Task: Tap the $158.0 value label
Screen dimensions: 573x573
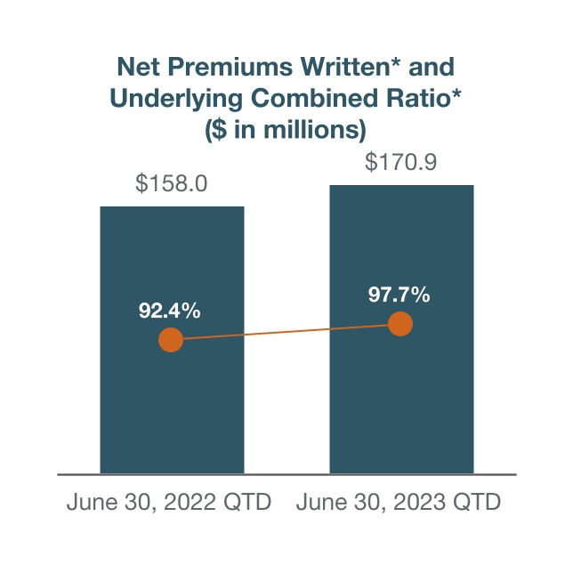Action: [172, 184]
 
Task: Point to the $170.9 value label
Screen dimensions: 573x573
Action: [401, 164]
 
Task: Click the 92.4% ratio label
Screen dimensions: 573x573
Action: [169, 311]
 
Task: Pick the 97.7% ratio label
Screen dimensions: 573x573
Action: [399, 295]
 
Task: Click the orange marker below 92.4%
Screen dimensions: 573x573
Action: [170, 340]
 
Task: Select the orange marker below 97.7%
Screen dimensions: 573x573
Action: [400, 324]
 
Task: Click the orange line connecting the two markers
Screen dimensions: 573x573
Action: [285, 332]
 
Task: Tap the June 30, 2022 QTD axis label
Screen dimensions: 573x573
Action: [169, 503]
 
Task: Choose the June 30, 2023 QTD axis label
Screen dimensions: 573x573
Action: [399, 503]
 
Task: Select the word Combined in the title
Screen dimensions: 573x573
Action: [316, 98]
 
